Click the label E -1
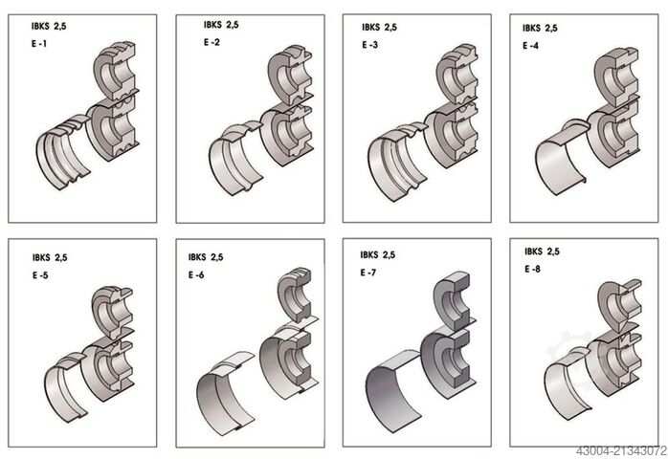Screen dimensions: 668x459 [39, 43]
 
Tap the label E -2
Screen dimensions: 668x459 [212, 42]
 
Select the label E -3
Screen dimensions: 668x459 [369, 45]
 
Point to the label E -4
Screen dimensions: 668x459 [530, 46]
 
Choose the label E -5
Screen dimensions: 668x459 [40, 275]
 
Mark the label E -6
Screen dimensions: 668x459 [196, 275]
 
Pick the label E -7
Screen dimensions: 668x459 [368, 273]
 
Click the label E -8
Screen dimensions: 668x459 [532, 269]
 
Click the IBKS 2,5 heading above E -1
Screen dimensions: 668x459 [49, 26]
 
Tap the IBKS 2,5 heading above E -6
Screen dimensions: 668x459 [206, 257]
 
